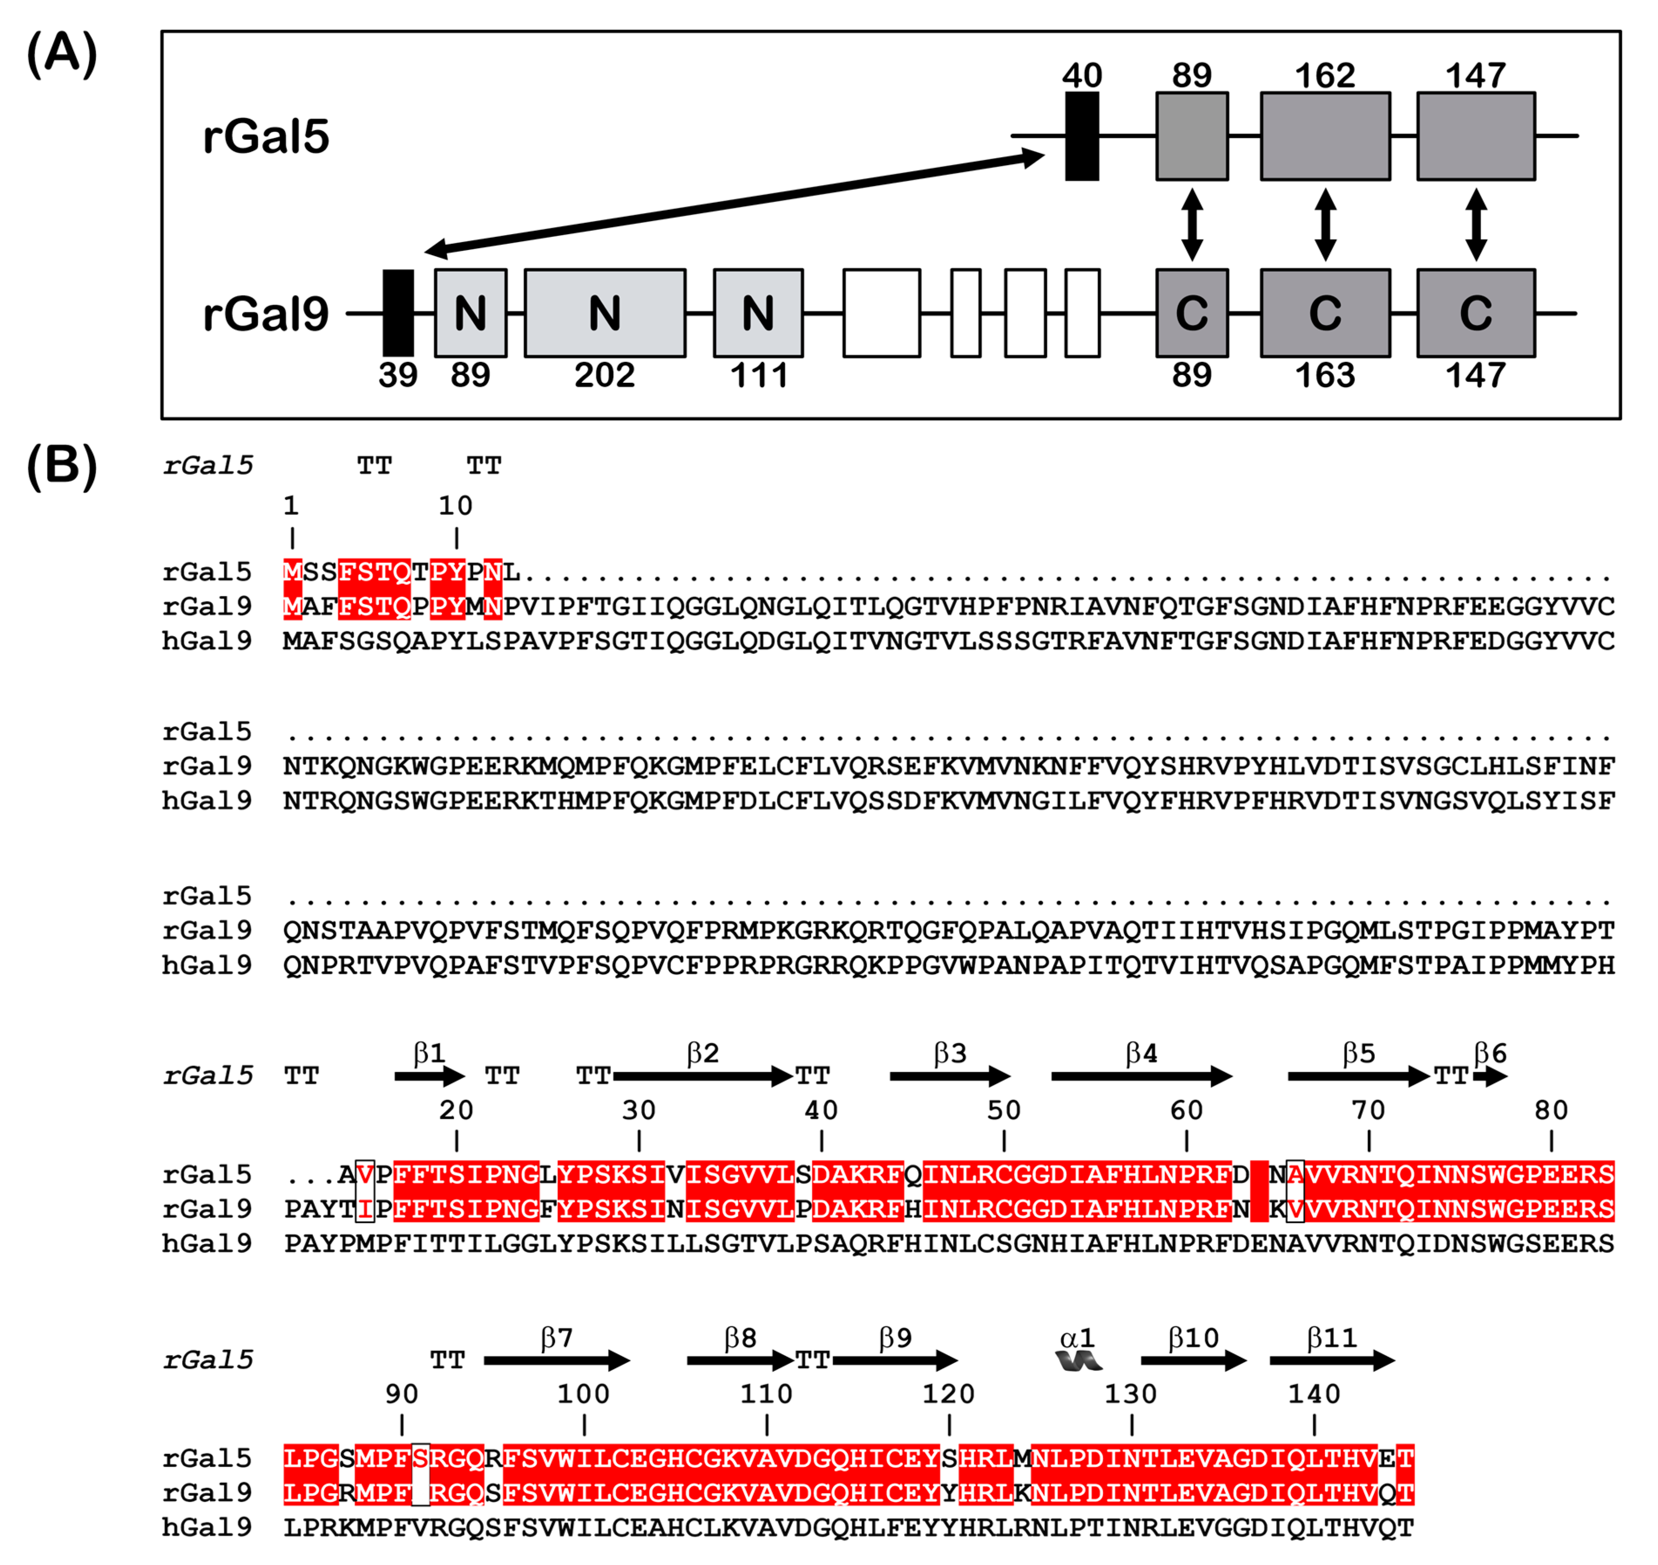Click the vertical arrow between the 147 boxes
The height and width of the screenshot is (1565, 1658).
[x=1476, y=224]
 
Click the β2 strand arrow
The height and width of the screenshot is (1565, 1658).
[x=702, y=1076]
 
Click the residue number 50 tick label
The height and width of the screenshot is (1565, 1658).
[x=1004, y=1110]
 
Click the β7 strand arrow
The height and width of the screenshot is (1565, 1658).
[x=557, y=1362]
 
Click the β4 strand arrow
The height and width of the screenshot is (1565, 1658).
[x=1141, y=1076]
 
